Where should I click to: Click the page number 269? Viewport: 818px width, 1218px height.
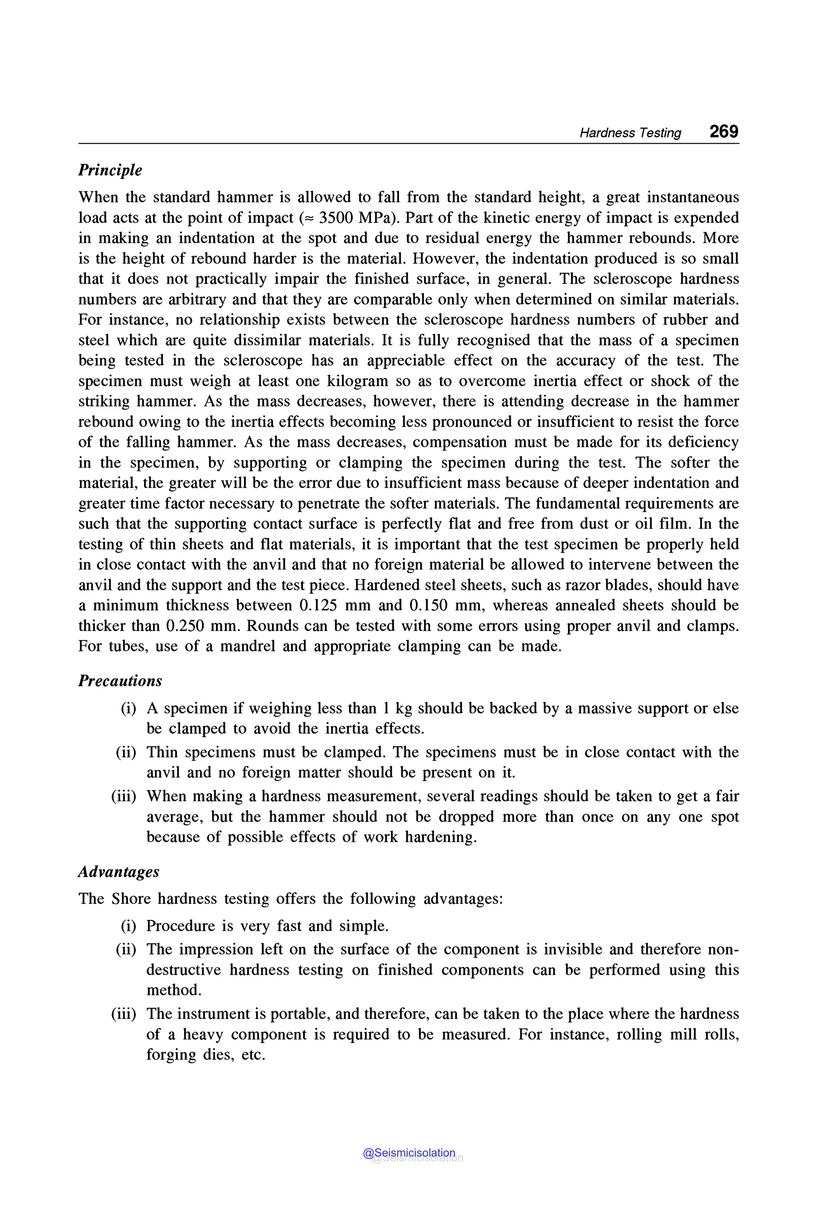(724, 131)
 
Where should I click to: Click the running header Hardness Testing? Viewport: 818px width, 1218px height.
(630, 133)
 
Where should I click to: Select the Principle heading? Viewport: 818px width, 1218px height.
(110, 170)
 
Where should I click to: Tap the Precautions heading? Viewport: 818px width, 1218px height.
(120, 681)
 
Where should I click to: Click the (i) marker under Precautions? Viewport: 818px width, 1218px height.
(128, 708)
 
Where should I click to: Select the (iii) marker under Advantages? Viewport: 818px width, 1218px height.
(124, 1014)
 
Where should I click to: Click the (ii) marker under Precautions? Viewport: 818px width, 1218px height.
(126, 752)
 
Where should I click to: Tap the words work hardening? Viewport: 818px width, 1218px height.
(419, 837)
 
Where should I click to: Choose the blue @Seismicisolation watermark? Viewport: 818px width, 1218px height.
(409, 1153)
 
